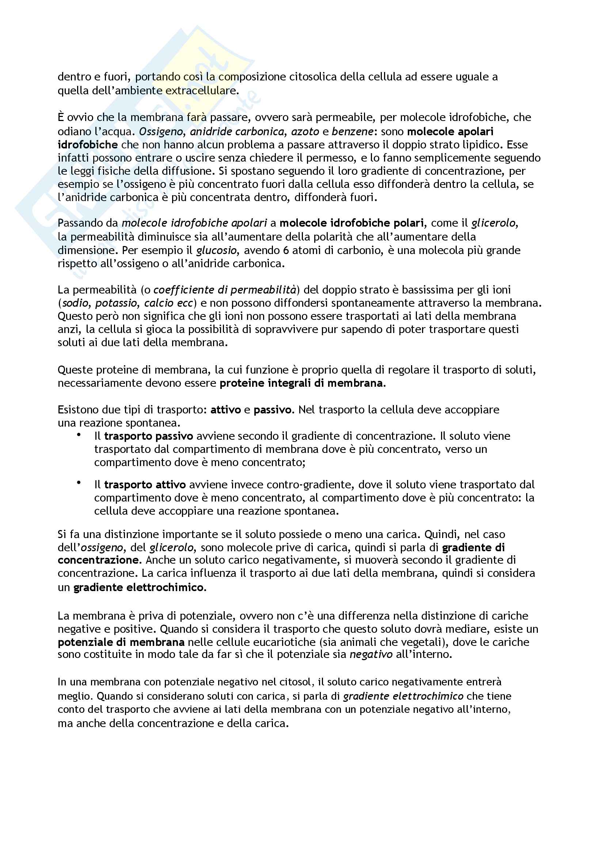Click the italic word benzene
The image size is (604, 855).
click(x=352, y=132)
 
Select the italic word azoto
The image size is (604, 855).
click(x=305, y=132)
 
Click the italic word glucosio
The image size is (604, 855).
click(x=217, y=250)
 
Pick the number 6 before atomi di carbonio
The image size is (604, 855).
click(x=286, y=250)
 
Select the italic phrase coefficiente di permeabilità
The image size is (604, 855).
click(x=225, y=290)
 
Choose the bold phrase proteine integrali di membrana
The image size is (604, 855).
click(x=301, y=383)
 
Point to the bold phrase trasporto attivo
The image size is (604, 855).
click(x=145, y=485)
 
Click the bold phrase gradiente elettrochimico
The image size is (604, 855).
click(x=139, y=588)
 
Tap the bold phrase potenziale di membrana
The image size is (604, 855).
click(x=121, y=642)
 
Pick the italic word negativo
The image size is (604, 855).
click(x=371, y=655)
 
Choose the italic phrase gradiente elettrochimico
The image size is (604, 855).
click(x=403, y=696)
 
